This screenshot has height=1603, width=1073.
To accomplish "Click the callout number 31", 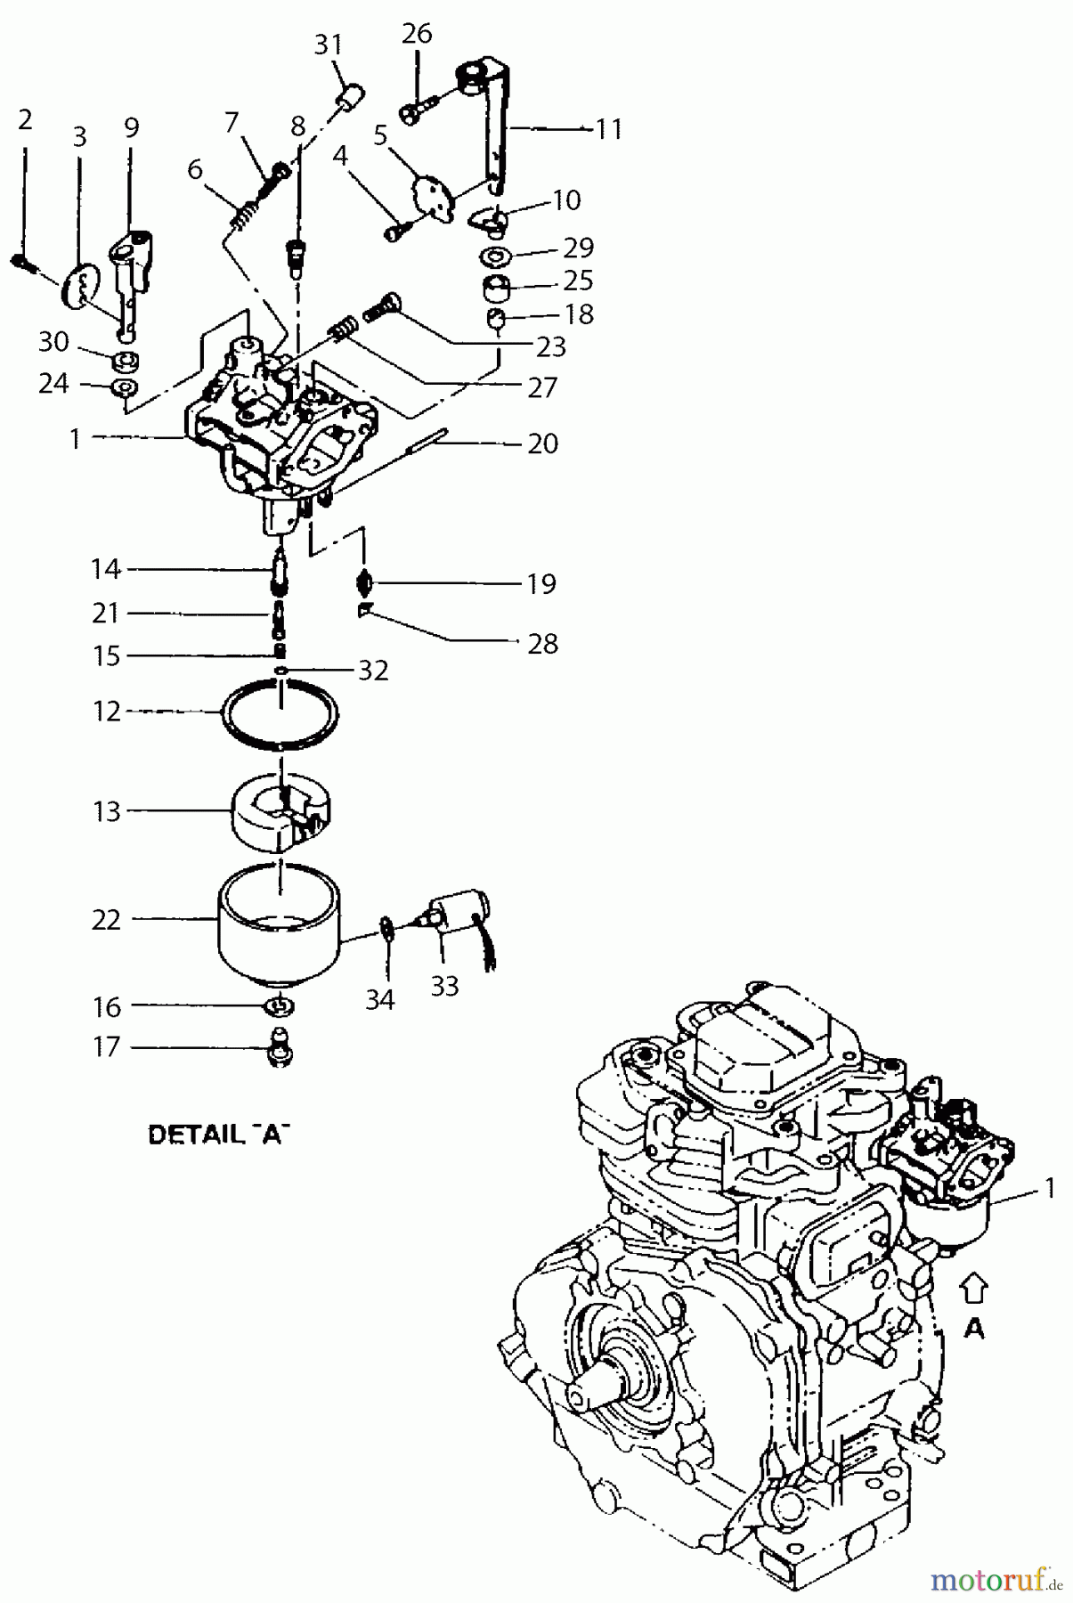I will pyautogui.click(x=329, y=44).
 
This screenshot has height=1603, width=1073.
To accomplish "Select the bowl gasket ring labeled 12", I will pyautogui.click(x=280, y=712).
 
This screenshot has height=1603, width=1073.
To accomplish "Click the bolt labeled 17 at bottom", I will pyautogui.click(x=280, y=1048).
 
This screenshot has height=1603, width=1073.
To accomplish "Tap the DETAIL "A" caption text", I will pyautogui.click(x=218, y=1135).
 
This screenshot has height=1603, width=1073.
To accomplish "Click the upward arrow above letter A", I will pyautogui.click(x=975, y=1288).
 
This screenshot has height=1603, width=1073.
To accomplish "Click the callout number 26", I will pyautogui.click(x=416, y=34).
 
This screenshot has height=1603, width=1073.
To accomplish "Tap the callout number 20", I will pyautogui.click(x=542, y=443).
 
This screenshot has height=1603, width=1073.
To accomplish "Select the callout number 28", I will pyautogui.click(x=542, y=643).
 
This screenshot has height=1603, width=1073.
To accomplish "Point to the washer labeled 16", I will pyautogui.click(x=280, y=1006).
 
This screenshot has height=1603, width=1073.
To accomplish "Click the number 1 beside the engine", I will pyautogui.click(x=1050, y=1188).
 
